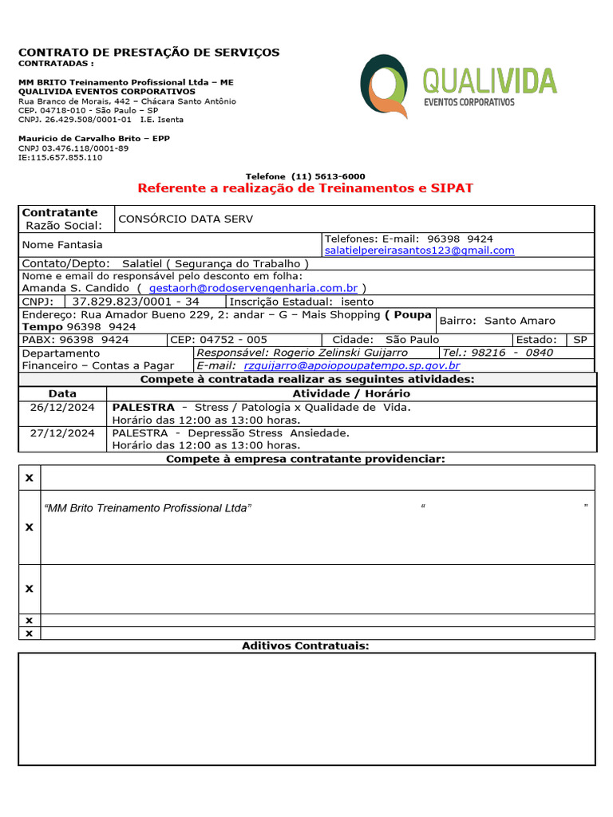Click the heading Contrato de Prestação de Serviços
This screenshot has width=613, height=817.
(x=149, y=53)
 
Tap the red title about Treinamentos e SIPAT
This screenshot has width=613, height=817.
(x=306, y=188)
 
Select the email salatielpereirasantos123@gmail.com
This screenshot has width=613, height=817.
(x=419, y=251)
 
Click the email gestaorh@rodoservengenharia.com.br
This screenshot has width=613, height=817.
(x=253, y=287)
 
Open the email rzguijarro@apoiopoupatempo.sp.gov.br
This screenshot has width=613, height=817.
(x=351, y=365)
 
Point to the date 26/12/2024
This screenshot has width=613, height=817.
(x=62, y=407)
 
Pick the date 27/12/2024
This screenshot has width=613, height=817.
(x=62, y=432)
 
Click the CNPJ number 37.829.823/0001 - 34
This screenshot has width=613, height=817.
(x=136, y=302)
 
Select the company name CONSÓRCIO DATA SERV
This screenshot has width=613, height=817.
(x=185, y=219)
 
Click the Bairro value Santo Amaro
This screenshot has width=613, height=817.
(x=520, y=321)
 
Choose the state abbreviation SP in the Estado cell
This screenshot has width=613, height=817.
(x=579, y=340)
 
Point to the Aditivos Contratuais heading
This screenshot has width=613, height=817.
(x=306, y=645)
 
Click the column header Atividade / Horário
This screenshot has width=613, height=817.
(x=351, y=393)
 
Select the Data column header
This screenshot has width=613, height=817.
(x=62, y=393)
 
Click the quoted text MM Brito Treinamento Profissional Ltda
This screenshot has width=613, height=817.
(x=148, y=508)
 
